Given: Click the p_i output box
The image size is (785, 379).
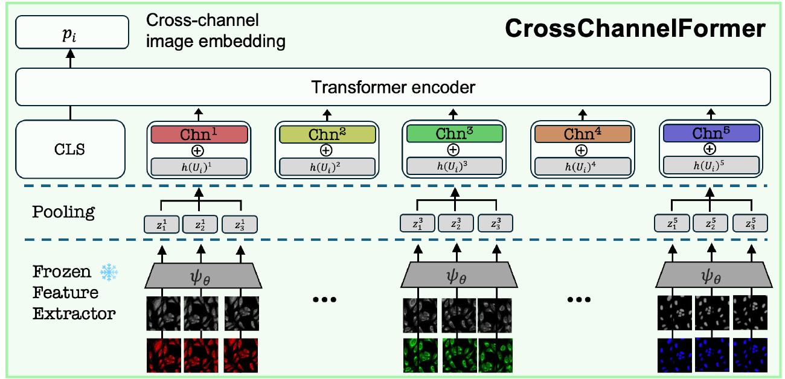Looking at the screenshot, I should pos(72,33).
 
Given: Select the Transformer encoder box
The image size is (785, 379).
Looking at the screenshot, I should pos(393,88).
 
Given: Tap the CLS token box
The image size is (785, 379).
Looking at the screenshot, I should pos(71,149).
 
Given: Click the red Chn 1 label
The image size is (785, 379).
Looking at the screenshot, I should pos(199,134).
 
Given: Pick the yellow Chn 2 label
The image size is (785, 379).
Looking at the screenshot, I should pos(326,134).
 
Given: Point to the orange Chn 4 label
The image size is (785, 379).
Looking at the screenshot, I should pos(581,134).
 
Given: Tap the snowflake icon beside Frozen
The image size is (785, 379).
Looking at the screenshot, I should pos(109,272).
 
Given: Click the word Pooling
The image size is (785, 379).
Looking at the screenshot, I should pos(64,212).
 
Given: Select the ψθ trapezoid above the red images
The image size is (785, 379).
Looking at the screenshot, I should pos(203,278).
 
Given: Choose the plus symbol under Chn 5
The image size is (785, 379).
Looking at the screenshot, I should pos(710,149).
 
